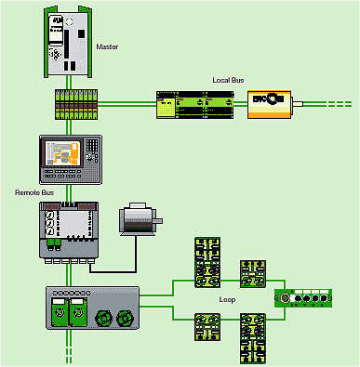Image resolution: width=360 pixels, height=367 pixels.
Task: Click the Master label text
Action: pyautogui.click(x=107, y=46)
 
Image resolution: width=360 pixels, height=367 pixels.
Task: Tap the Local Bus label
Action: pyautogui.click(x=228, y=80)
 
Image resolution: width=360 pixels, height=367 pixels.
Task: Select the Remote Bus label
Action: pyautogui.click(x=34, y=192)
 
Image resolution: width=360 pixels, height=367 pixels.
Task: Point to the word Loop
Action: pyautogui.click(x=227, y=300)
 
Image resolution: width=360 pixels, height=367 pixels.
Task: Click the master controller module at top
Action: pyautogui.click(x=68, y=42)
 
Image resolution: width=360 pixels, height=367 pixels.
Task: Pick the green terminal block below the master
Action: pyautogui.click(x=76, y=104)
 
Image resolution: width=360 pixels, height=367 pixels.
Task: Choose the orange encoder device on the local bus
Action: pyautogui.click(x=269, y=104)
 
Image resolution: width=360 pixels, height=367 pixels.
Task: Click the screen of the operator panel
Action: pyautogui.click(x=64, y=152)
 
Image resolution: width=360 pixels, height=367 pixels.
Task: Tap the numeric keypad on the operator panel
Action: pyautogui.click(x=92, y=145)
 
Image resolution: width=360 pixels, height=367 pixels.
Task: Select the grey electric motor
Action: pyautogui.click(x=139, y=219)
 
